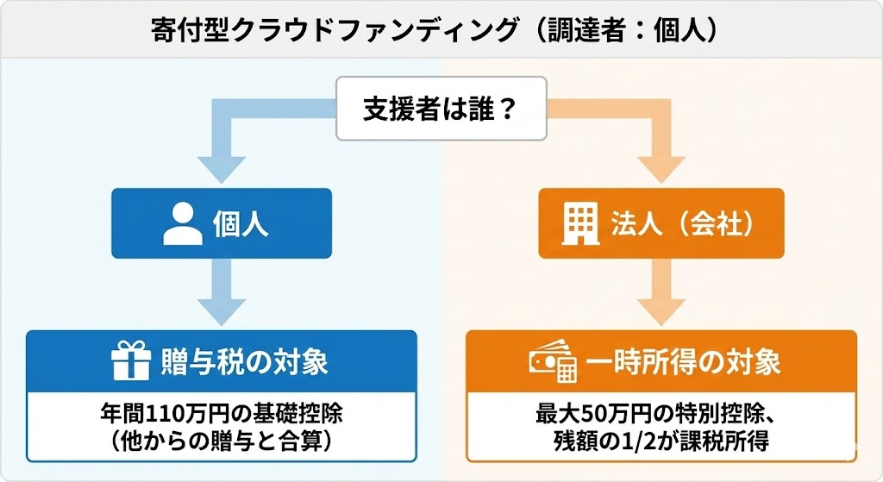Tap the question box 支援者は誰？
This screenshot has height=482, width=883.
pyautogui.click(x=441, y=110)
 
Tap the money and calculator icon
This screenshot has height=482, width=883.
pyautogui.click(x=552, y=363)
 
